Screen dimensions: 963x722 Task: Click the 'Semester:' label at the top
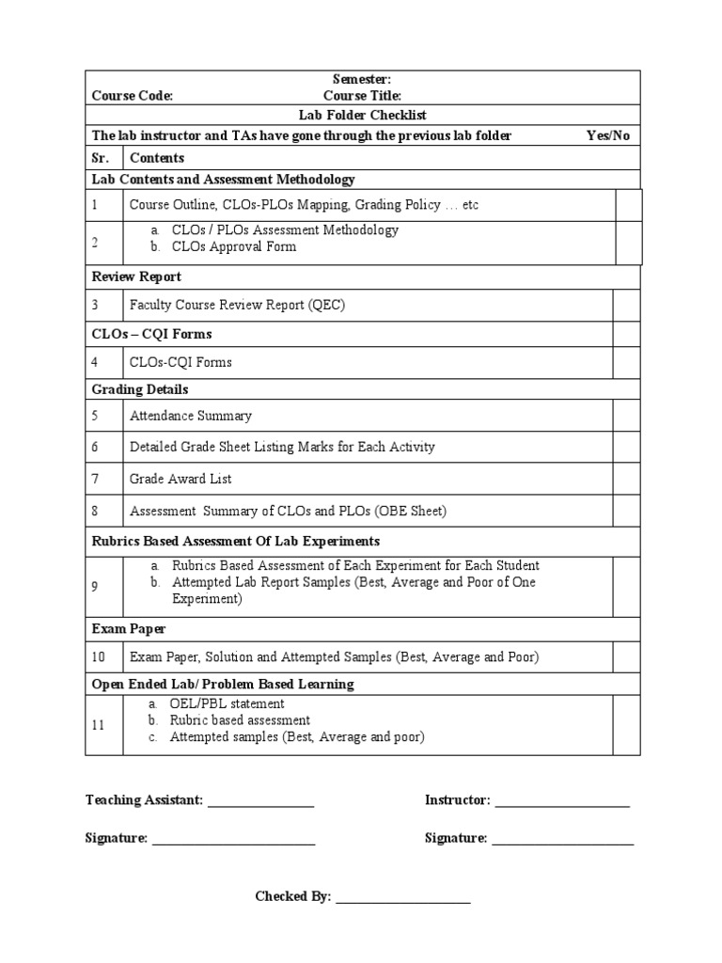point(362,80)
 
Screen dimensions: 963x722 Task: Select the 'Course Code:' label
point(133,96)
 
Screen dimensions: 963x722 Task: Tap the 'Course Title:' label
point(362,96)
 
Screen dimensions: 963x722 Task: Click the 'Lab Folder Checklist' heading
point(362,115)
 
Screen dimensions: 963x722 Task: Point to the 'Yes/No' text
point(607,135)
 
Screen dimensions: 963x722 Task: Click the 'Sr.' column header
point(101,158)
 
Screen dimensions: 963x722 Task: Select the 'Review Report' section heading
point(136,276)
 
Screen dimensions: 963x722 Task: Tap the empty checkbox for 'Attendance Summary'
point(626,415)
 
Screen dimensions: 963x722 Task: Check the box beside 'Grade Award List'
point(626,479)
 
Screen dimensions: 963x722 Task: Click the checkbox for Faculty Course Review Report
point(626,305)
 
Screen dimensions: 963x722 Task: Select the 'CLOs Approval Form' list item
point(233,247)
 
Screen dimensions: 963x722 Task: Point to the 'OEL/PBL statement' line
point(227,703)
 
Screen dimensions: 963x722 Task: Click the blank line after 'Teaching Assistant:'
point(260,801)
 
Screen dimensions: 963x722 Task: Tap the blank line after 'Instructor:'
point(561,801)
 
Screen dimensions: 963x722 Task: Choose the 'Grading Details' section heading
point(139,389)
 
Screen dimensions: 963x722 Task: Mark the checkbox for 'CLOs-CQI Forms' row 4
point(626,362)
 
